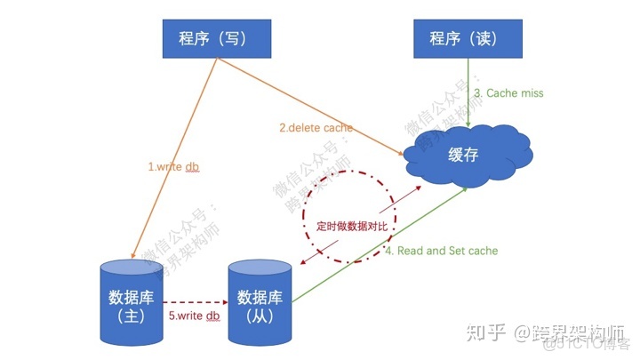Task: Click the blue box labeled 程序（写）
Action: coord(212,38)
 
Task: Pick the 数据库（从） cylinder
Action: coord(260,302)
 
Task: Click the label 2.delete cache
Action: coord(316,128)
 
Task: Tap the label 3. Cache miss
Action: coord(508,92)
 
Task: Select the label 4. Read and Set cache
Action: coord(441,251)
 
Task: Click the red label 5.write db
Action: coord(194,316)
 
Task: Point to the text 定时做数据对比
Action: coord(353,226)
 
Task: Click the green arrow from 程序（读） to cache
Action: coord(468,89)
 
